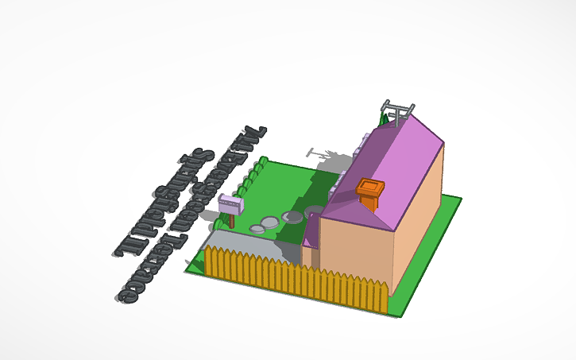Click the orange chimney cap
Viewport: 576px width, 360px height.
coord(371,187)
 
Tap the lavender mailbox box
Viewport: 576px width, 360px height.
coord(230,203)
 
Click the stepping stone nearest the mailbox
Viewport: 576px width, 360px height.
coord(257,229)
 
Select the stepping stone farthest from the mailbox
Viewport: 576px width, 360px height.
coord(314,211)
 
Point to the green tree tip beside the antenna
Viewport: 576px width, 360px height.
coord(384,119)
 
